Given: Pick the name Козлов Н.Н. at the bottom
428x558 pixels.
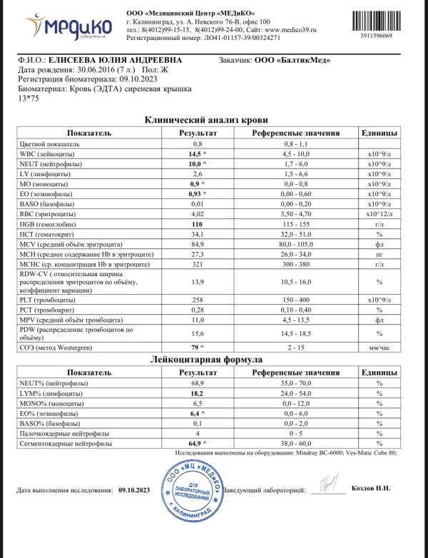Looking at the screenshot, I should [372, 489].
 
